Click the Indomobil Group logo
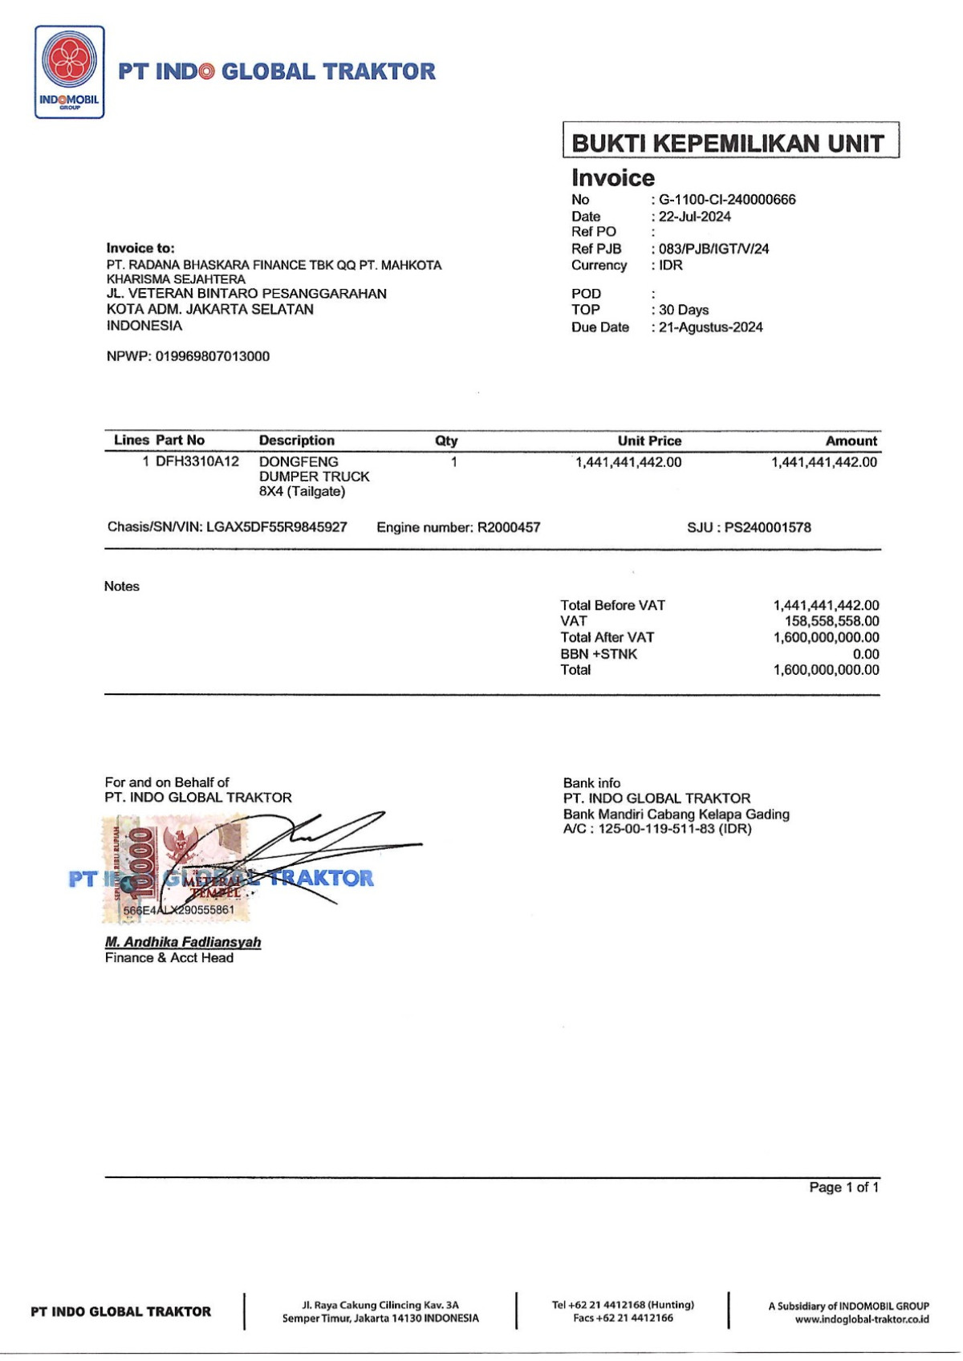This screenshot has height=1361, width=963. coord(69,72)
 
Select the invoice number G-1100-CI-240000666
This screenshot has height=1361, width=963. coord(727,200)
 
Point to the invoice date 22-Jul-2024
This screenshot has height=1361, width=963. coord(695,217)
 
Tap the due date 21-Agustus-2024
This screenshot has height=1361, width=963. coord(710,327)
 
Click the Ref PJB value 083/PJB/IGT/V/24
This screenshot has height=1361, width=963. coord(713,249)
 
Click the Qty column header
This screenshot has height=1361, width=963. coord(446,441)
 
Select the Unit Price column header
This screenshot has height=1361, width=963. coord(649,441)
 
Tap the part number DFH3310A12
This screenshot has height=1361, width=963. coord(197,462)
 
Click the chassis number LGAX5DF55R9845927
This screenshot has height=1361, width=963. coord(276,527)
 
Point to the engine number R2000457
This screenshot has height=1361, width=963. coord(509,527)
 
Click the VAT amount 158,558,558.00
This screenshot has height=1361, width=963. coord(831,621)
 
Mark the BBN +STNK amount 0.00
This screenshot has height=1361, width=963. coord(866,654)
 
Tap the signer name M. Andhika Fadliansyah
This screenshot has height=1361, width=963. coord(183,942)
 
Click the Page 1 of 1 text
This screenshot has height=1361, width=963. coord(843,1188)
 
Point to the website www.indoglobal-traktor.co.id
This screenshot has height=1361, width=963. coord(862,1319)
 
